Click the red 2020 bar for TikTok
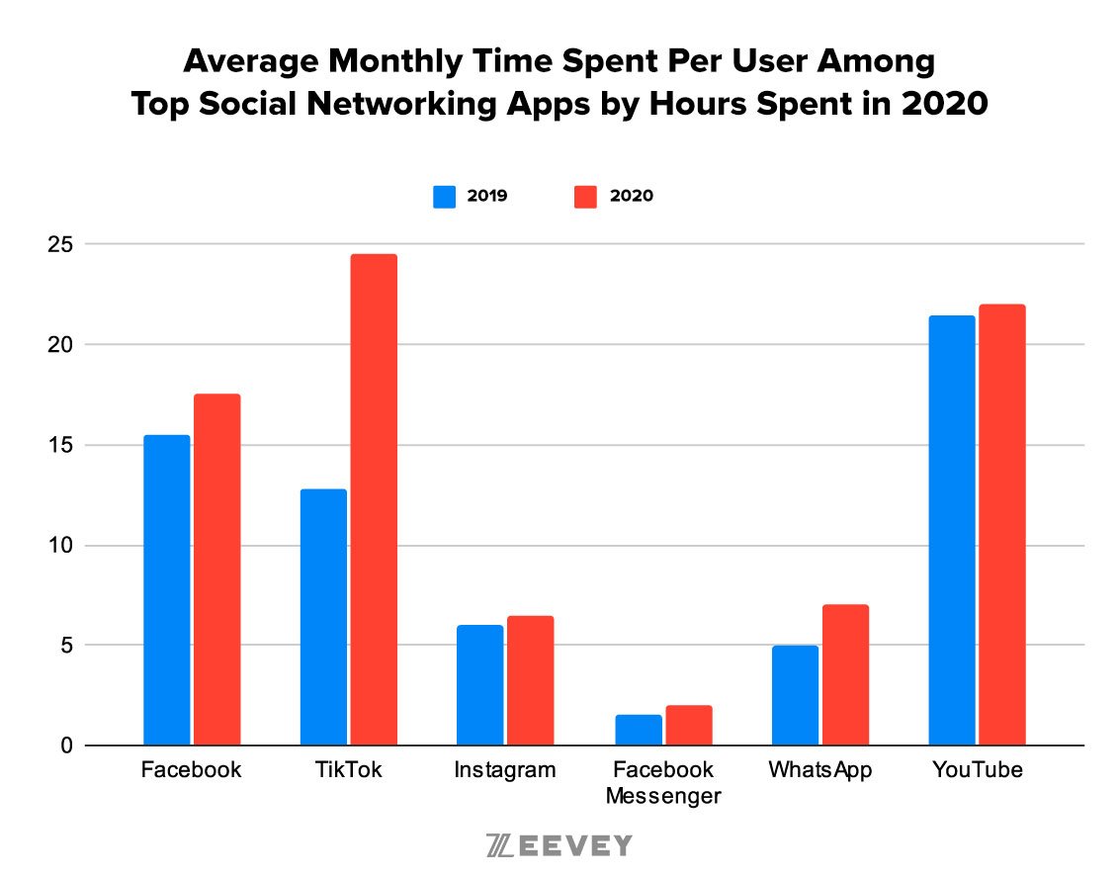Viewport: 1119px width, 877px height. (x=374, y=499)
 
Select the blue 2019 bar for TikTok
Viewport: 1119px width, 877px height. (x=323, y=617)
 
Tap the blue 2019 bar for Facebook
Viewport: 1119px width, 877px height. (x=166, y=590)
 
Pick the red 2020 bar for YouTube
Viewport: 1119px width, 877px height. (x=1001, y=525)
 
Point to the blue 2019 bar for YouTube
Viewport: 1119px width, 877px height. (x=952, y=530)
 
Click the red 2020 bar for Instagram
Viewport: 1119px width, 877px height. (x=530, y=680)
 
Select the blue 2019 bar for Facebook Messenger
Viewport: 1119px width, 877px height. (x=638, y=730)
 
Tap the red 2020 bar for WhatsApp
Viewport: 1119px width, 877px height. (x=844, y=674)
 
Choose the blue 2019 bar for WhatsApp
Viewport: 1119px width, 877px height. (x=795, y=695)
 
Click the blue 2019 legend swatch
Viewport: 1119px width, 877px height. (x=445, y=196)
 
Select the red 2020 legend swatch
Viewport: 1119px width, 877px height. (x=586, y=196)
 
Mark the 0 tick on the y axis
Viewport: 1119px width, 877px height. (x=64, y=745)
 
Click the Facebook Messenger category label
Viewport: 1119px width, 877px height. (x=662, y=782)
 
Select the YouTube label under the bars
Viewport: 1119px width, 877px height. (x=977, y=770)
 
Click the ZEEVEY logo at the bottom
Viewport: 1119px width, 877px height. (x=559, y=846)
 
